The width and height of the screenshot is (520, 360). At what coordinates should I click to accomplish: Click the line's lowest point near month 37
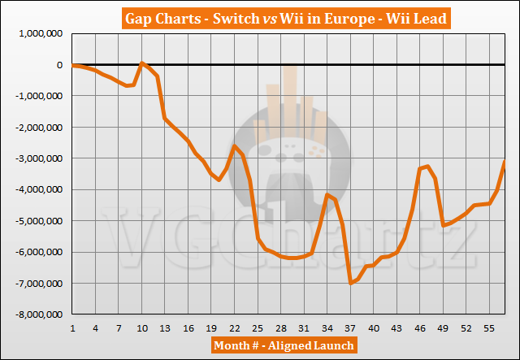pyautogui.click(x=350, y=283)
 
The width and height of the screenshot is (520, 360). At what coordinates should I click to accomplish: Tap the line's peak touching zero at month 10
pyautogui.click(x=142, y=63)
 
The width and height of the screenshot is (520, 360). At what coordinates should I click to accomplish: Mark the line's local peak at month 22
pyautogui.click(x=235, y=145)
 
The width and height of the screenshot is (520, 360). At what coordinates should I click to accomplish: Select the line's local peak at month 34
pyautogui.click(x=327, y=194)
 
